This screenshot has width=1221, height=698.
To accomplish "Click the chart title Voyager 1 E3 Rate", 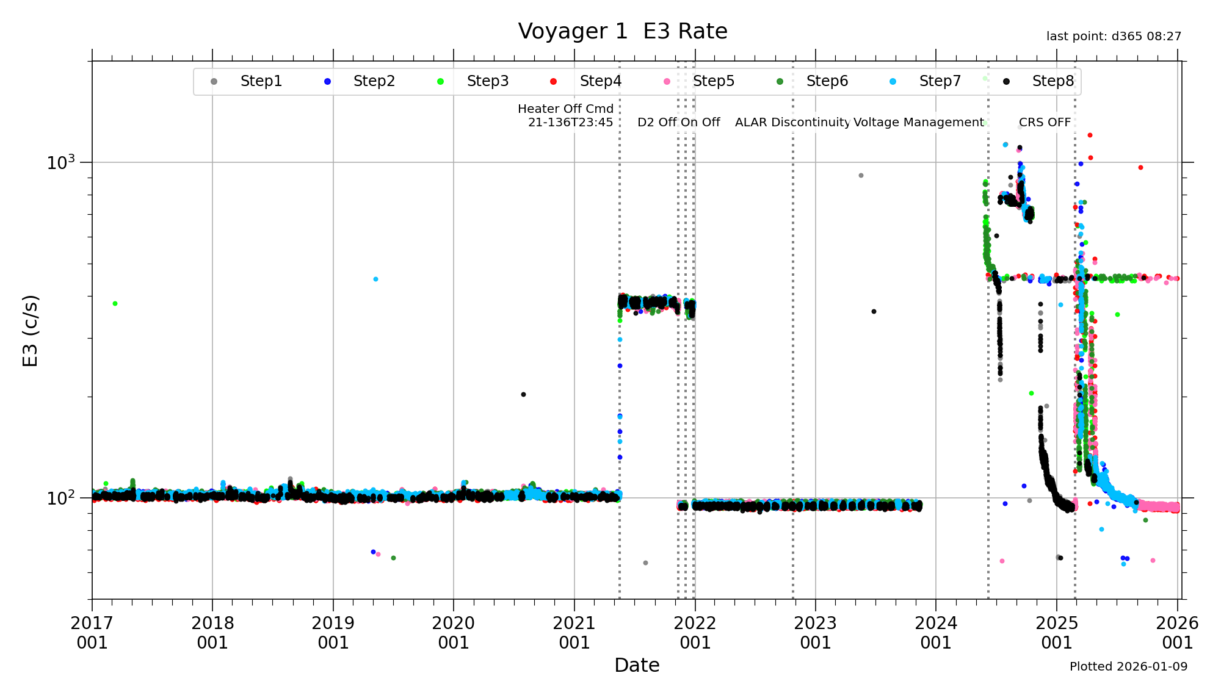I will (622, 31).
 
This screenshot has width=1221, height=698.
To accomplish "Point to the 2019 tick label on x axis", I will (333, 633).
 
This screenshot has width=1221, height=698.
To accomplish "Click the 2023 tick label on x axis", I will (815, 633).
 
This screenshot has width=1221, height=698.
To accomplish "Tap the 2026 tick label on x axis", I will (1177, 633).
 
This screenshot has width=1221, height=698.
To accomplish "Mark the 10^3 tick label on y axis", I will (60, 163).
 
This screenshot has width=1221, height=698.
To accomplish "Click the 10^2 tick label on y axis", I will (60, 498).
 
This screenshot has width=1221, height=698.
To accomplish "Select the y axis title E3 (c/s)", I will (31, 331).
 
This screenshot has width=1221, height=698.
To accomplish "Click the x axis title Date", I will (637, 665).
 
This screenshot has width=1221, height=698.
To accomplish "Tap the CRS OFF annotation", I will (1045, 122).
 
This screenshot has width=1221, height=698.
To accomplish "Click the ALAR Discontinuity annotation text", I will (792, 122).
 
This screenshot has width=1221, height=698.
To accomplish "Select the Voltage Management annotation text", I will (918, 122).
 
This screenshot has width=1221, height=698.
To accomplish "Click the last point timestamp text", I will (1114, 36).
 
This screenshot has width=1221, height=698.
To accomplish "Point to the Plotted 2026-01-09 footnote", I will (1128, 666).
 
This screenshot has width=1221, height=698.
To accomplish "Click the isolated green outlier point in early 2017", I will (115, 303).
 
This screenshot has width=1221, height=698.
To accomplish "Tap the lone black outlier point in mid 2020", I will (523, 394).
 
